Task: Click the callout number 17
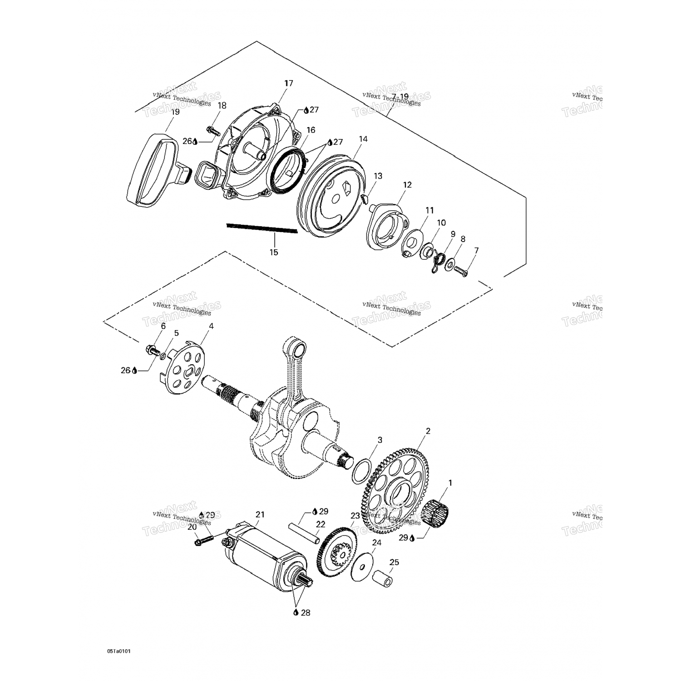[289, 84]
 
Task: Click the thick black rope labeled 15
[262, 228]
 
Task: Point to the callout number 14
[363, 139]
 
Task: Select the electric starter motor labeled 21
[263, 558]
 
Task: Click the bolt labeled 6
[151, 350]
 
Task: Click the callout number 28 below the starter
[305, 612]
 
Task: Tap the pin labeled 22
[305, 534]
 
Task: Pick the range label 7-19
[400, 96]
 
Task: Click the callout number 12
[407, 185]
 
